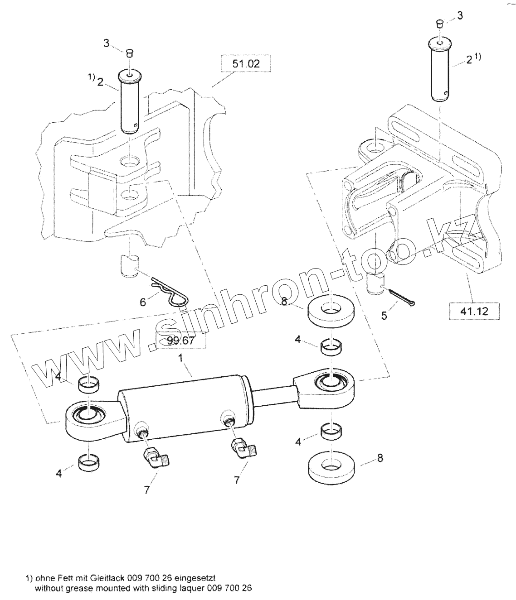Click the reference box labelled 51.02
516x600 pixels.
coord(246,64)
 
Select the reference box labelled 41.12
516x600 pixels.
coord(474,311)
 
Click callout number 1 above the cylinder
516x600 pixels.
coord(180,359)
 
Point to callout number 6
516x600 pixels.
coord(143,302)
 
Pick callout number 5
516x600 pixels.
coord(384,316)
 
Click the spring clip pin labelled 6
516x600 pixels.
coord(171,294)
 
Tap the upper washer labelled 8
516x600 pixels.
coord(331,310)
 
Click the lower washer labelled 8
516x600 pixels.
coord(332,465)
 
